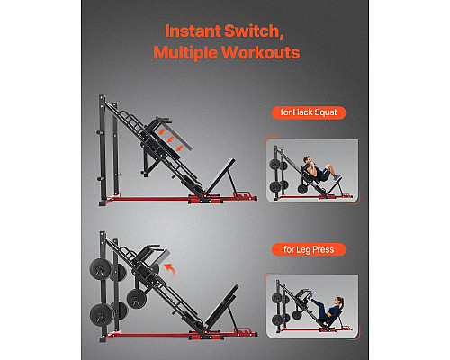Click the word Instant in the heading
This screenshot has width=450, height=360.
click(x=193, y=31)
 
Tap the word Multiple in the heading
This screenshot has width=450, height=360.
click(x=185, y=52)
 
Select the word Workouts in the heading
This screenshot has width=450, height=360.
click(x=261, y=52)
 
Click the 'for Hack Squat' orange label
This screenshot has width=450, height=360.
click(x=309, y=112)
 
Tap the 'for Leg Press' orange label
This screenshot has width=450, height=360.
click(x=309, y=249)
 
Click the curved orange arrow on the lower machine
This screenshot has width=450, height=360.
click(x=170, y=268)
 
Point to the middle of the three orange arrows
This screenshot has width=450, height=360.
click(x=171, y=139)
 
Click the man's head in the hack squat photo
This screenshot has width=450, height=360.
click(x=307, y=159)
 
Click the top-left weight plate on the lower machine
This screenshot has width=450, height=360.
click(x=100, y=269)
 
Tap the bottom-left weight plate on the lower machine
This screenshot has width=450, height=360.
click(x=101, y=315)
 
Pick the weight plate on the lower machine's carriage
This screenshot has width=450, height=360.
click(x=137, y=299)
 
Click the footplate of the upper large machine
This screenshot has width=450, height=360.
click(x=220, y=176)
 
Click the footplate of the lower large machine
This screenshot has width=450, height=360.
click(x=221, y=307)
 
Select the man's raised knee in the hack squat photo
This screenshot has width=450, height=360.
click(x=329, y=166)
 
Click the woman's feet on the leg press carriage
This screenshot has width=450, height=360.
click(x=311, y=297)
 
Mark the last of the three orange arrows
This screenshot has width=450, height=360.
click(x=180, y=148)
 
